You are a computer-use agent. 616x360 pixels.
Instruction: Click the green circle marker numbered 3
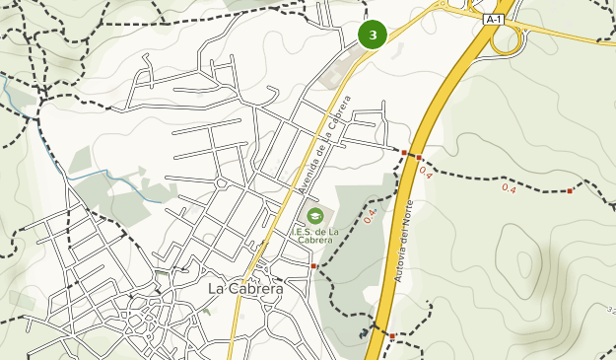click(x=373, y=36)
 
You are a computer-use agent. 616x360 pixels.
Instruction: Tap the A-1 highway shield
click(x=494, y=19)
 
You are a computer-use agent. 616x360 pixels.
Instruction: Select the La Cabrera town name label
click(x=245, y=289)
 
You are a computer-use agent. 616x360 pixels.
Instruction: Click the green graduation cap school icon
click(x=314, y=216)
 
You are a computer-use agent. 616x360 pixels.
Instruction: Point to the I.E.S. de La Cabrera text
click(x=314, y=237)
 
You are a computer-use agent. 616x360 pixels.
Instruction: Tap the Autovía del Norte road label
click(x=403, y=241)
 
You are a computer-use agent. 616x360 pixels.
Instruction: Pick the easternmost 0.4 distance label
click(x=510, y=187)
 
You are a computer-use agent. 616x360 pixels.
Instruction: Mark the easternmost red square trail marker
click(x=571, y=190)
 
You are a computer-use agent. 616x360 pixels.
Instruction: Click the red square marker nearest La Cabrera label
click(x=313, y=266)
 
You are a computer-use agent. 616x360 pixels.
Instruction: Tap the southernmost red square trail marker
click(x=391, y=337)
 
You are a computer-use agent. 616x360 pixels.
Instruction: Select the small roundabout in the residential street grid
click(x=222, y=183)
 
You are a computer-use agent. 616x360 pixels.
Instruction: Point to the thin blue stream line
click(x=108, y=174)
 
